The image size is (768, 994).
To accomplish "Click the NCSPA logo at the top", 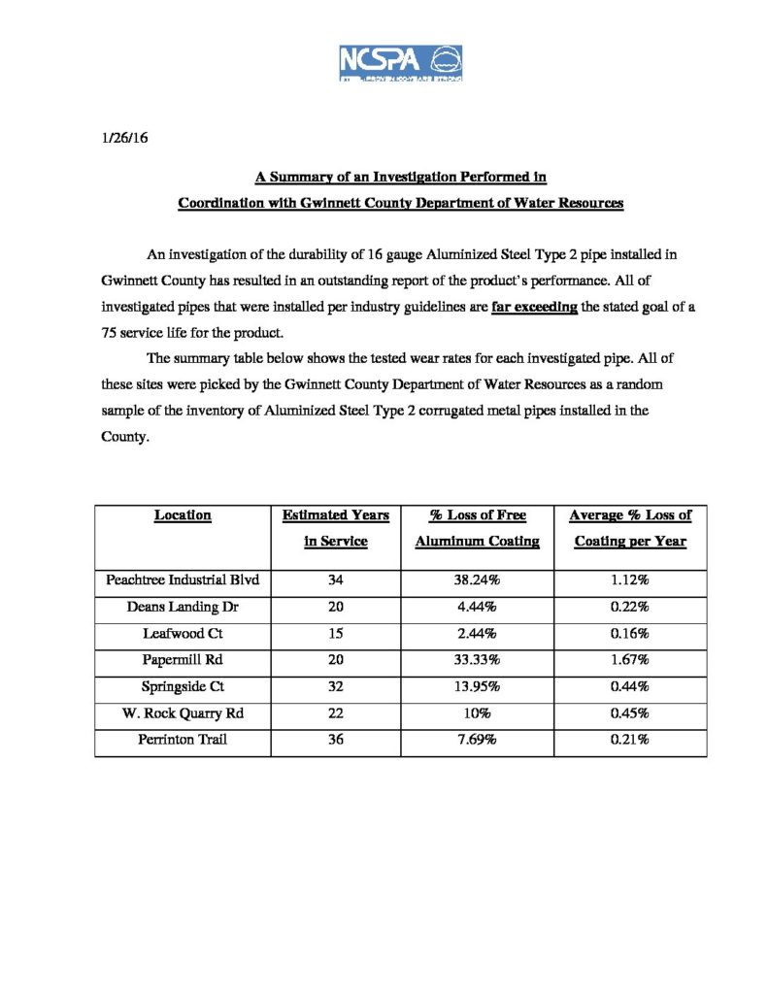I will (400, 63).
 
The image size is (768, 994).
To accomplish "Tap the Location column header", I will (183, 515).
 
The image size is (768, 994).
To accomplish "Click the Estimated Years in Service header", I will (336, 528).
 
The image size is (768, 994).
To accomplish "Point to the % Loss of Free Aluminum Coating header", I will (477, 528).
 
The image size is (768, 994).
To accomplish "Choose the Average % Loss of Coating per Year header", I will (630, 528).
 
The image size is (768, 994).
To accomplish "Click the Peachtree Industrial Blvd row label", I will (184, 581).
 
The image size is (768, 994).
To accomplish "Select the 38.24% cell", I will (477, 581).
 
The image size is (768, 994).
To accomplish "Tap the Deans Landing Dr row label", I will (184, 608).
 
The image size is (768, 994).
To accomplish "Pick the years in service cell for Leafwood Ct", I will (336, 634).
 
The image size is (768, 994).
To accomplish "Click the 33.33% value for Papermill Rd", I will (477, 660).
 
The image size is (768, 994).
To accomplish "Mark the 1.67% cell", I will (630, 660).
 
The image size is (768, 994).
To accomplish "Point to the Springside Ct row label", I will (184, 686).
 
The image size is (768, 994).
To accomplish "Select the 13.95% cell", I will (477, 686).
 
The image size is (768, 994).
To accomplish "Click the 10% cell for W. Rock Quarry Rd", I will (477, 712).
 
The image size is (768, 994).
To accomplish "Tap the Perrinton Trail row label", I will (184, 739).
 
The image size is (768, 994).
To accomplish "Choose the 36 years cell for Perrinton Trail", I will (336, 739).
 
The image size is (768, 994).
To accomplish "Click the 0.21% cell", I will (630, 739).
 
